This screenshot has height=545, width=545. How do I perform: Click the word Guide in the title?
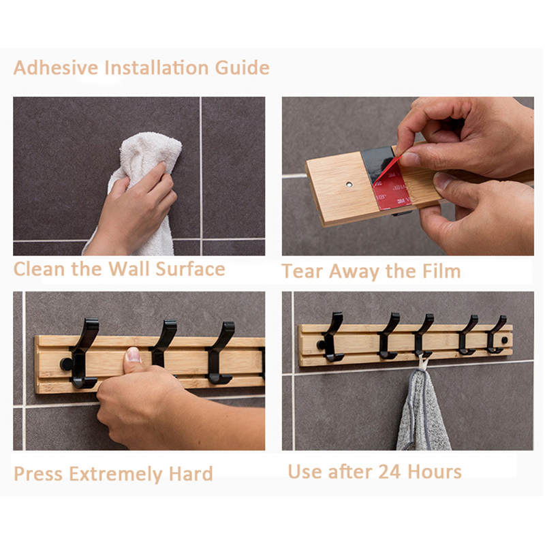coord(243,67)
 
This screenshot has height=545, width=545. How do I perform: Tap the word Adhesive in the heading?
coord(56,67)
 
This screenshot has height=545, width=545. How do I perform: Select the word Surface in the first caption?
coord(191,269)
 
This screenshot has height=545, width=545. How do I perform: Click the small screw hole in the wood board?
coord(349,184)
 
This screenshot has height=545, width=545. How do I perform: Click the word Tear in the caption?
coord(302,271)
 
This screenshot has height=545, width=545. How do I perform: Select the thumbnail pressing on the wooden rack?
coord(133,355)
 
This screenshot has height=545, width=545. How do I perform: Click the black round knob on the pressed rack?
coord(66,364)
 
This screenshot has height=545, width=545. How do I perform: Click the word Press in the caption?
coord(38,473)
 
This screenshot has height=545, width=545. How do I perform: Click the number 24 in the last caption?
coord(390,472)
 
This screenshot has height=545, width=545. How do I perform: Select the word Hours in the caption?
coord(435,472)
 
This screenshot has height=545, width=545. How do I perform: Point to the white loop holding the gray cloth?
coord(422,362)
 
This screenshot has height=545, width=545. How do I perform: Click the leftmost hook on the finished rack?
coord(333,337)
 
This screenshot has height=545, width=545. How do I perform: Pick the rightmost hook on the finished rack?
coord(497,334)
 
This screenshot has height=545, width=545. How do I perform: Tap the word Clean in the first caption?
coord(40,269)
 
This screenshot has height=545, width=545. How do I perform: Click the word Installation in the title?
coord(157,67)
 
